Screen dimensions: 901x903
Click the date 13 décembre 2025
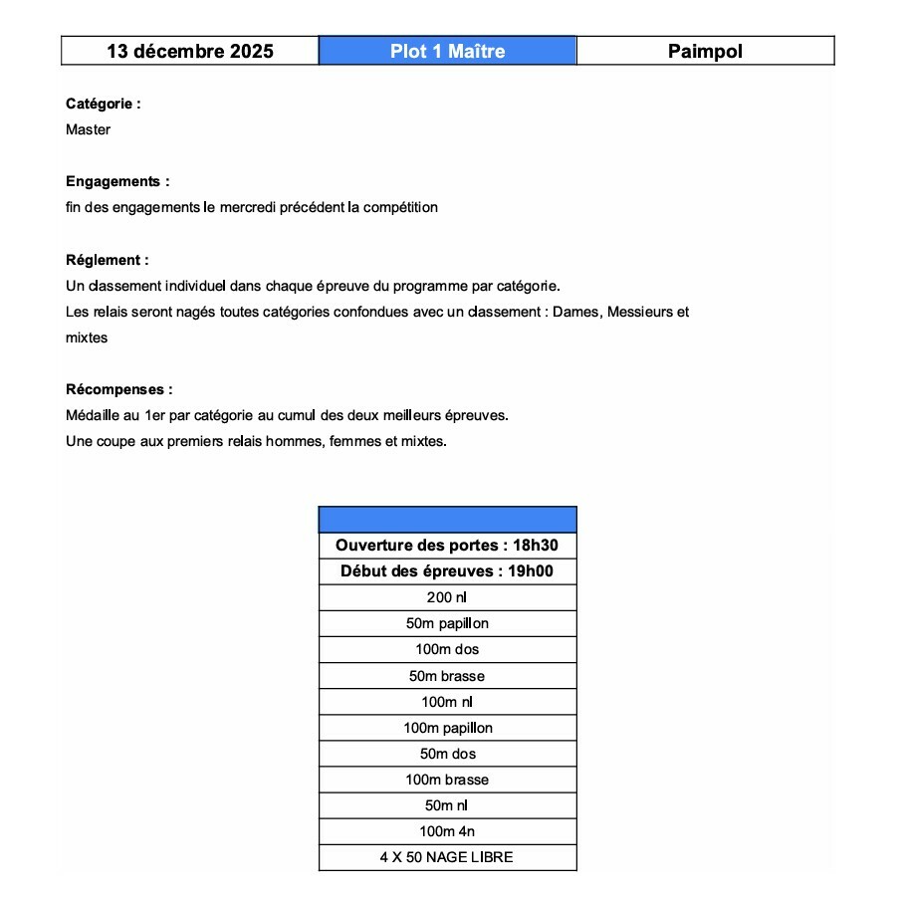point(190,52)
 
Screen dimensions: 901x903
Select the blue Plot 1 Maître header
point(447,52)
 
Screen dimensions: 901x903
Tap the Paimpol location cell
point(705,52)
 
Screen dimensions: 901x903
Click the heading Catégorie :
point(103,104)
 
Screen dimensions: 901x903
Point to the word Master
point(89,129)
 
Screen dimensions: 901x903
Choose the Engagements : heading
point(117,182)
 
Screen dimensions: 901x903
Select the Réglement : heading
point(107,260)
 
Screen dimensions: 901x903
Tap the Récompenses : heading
point(118,389)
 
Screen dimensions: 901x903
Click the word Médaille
point(92,415)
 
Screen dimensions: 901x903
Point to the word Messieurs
point(640,312)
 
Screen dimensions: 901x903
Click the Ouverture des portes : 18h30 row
point(447,546)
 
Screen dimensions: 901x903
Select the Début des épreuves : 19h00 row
point(447,571)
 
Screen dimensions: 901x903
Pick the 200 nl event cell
point(447,597)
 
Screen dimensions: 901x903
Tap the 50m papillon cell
point(447,623)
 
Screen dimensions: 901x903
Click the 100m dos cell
point(447,649)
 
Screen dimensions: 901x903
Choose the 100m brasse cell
point(447,780)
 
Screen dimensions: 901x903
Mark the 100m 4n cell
point(447,831)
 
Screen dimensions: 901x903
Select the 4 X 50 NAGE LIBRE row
point(447,857)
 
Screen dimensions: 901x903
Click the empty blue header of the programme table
point(447,520)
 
